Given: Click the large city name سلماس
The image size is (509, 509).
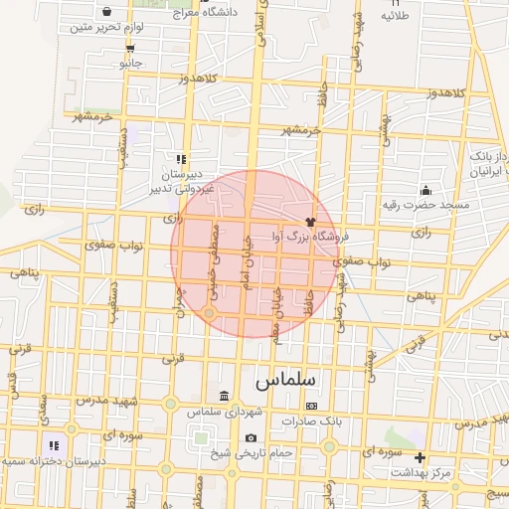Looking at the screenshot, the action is tap(284, 380).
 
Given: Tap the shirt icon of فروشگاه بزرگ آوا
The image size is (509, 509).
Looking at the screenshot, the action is tap(310, 222).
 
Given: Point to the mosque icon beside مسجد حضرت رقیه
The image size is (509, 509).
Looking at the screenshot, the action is tap(426, 190).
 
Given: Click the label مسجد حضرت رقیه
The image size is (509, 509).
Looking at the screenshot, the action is tap(425, 204).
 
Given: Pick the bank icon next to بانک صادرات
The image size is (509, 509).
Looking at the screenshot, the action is tap(311, 406).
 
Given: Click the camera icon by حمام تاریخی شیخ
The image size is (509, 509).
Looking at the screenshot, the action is tap(251, 438).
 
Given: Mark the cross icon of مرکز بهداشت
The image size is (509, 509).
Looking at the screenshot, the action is tap(421, 458).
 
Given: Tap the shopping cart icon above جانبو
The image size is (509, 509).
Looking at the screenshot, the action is tap(130, 48).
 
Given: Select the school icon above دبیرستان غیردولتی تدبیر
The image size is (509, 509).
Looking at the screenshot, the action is tap(180, 158).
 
